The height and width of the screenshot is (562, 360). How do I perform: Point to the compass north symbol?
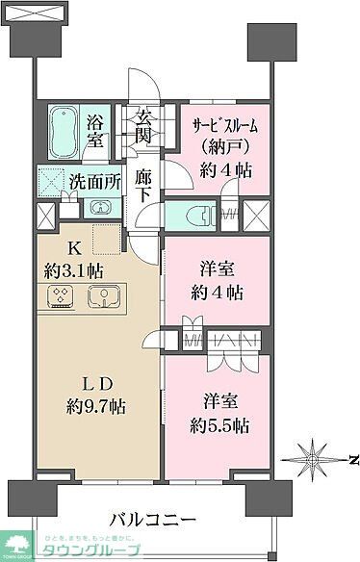tap(314, 454)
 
